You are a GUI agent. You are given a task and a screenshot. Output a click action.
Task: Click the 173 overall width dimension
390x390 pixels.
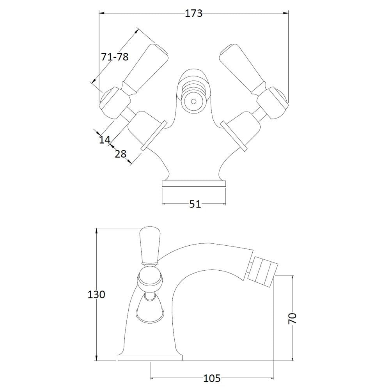pos(194,13)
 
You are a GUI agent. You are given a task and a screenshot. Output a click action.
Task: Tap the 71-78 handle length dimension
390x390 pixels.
pos(115,57)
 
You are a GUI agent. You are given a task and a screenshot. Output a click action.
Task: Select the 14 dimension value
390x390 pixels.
pos(105,140)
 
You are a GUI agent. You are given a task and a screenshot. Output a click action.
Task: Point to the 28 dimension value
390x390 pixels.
pos(121,154)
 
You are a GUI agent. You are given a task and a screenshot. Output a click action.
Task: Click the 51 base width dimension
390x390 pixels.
pos(195,204)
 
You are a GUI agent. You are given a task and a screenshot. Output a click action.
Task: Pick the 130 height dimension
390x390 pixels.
pos(96,295)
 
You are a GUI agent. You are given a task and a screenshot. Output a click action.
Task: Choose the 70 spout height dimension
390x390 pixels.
pos(292,319)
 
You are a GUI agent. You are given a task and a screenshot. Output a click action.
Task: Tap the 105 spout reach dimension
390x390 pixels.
pos(212,379)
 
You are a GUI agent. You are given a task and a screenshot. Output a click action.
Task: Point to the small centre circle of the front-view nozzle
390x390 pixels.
pos(193,101)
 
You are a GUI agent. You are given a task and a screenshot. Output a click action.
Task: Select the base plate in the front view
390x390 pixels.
pos(194,184)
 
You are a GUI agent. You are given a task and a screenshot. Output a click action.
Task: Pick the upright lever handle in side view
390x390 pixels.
pos(149,245)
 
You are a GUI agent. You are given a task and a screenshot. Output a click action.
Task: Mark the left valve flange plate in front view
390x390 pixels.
pos(154,136)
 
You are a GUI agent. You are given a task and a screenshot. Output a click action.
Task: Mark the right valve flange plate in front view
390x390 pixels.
pos(234,136)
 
